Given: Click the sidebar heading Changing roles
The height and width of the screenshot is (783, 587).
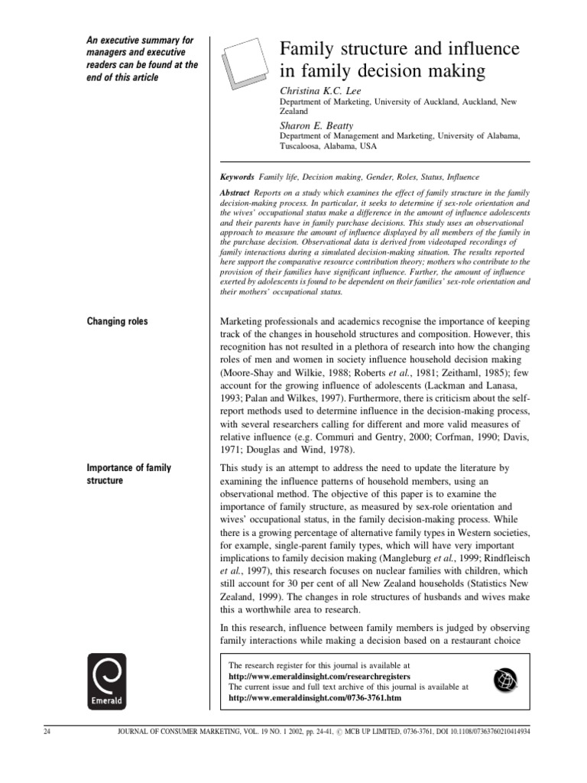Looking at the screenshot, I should (117, 322).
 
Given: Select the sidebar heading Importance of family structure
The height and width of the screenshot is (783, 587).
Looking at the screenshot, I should (128, 474).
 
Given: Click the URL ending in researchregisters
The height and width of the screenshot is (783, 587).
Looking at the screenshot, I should (319, 677).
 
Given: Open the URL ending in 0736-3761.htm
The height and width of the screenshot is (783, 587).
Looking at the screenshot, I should (314, 698).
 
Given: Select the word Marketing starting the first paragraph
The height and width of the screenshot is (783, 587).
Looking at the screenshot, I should (245, 322).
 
